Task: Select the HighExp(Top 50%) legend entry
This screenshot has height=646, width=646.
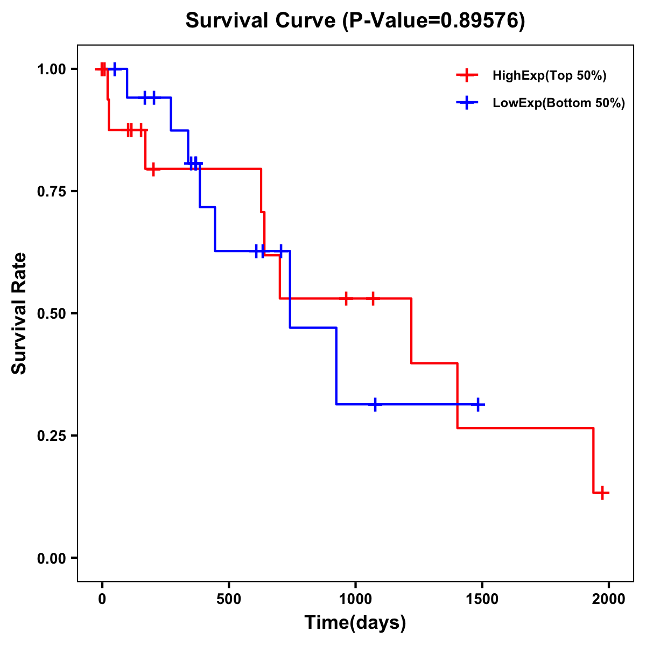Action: pyautogui.click(x=549, y=76)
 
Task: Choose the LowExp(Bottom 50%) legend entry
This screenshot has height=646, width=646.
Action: pyautogui.click(x=558, y=103)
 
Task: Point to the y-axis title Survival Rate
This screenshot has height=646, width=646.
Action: pyautogui.click(x=19, y=313)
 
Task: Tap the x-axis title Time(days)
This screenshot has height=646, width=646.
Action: pyautogui.click(x=355, y=623)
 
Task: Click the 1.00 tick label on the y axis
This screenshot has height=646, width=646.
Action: pyautogui.click(x=51, y=69)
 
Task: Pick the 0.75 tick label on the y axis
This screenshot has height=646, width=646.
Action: pyautogui.click(x=51, y=192)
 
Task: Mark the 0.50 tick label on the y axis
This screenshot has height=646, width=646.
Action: pyautogui.click(x=51, y=314)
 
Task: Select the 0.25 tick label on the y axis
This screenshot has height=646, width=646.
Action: pyautogui.click(x=51, y=436)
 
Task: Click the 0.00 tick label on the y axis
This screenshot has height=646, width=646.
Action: pyautogui.click(x=51, y=558)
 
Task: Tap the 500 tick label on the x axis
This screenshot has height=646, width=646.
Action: pyautogui.click(x=229, y=599)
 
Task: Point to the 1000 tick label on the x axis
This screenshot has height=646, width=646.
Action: pyautogui.click(x=355, y=599)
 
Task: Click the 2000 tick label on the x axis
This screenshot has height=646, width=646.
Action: pyautogui.click(x=609, y=599)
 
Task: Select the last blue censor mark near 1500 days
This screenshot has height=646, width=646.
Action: pyautogui.click(x=478, y=404)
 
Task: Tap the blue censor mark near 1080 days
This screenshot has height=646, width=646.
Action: pyautogui.click(x=375, y=404)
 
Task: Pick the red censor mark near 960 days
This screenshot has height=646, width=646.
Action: pyautogui.click(x=346, y=298)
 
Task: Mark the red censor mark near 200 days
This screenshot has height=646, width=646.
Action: pyautogui.click(x=153, y=169)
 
